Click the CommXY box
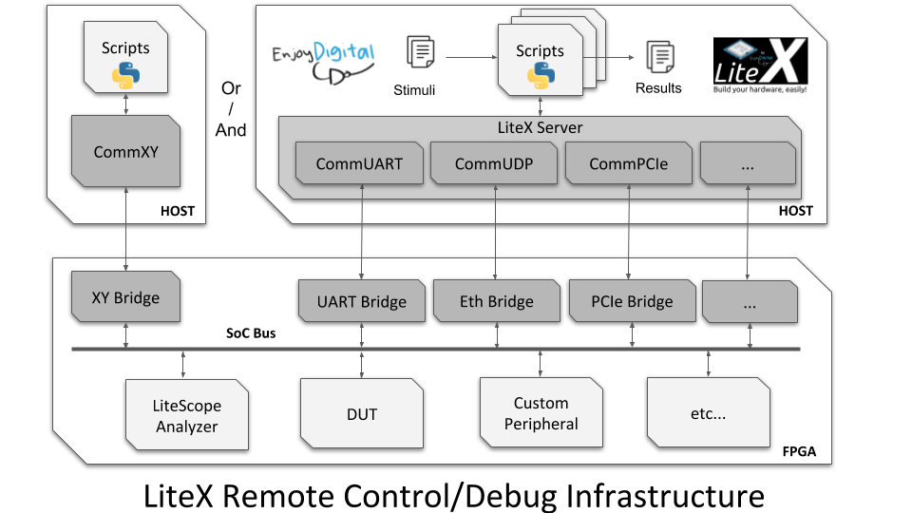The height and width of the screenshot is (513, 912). (x=125, y=151)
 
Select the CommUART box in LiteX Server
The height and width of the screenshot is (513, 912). (x=359, y=163)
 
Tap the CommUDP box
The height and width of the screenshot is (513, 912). (x=494, y=163)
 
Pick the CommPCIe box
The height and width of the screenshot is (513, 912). (x=629, y=163)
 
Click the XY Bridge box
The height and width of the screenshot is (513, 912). (x=125, y=297)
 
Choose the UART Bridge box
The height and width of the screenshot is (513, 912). (x=362, y=301)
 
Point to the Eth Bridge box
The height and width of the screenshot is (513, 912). (x=497, y=301)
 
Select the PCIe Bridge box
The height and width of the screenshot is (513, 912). (x=633, y=301)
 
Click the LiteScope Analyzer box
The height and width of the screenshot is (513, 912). (x=187, y=415)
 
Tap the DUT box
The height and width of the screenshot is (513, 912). (x=362, y=413)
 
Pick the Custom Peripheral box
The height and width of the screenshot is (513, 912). (x=541, y=412)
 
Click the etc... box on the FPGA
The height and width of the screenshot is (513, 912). (x=709, y=412)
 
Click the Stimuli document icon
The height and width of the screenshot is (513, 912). (x=421, y=51)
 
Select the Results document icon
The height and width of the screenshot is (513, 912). (x=660, y=56)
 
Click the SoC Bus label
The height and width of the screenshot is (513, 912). (x=251, y=333)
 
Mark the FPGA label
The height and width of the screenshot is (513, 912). (x=799, y=451)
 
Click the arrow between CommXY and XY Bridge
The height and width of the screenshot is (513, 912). (x=125, y=229)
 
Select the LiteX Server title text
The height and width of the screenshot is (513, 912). (x=540, y=127)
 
